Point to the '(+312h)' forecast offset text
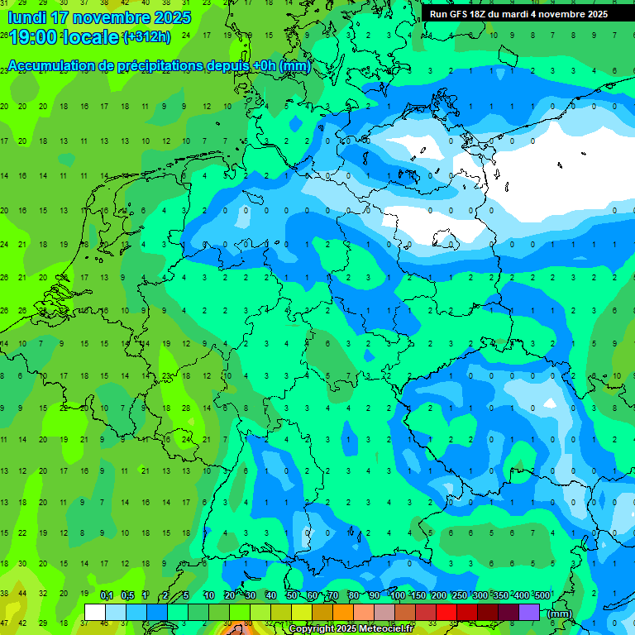(146, 37)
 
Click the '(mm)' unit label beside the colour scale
(560, 614)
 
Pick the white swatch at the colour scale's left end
(95, 613)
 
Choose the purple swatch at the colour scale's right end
(529, 613)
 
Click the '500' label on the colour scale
(542, 595)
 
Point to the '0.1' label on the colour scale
(107, 595)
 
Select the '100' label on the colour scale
(398, 595)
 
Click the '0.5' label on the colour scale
(127, 595)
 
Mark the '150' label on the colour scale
(418, 595)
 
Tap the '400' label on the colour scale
(521, 595)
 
